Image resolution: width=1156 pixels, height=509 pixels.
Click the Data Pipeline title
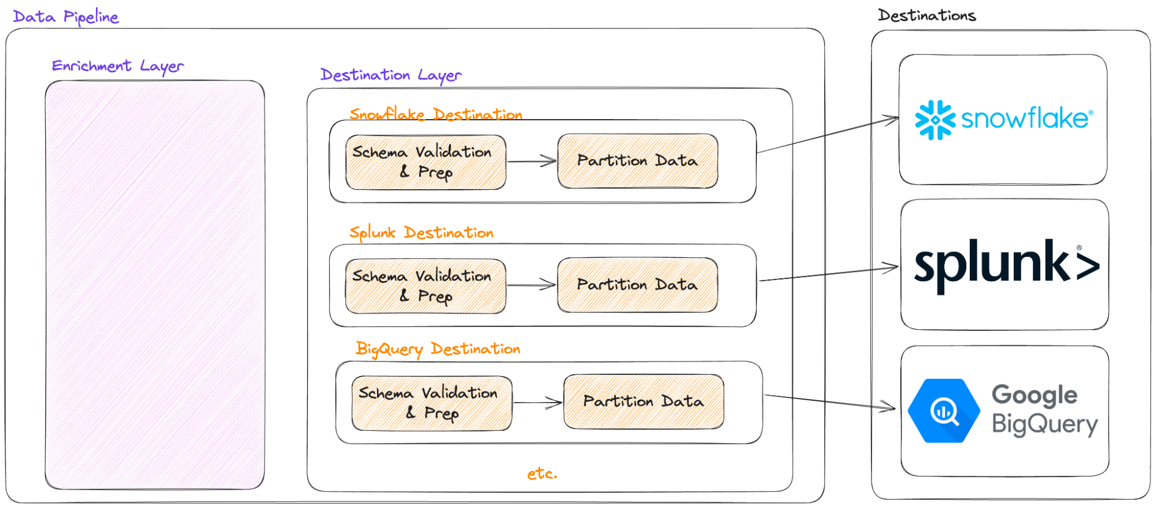pos(65,17)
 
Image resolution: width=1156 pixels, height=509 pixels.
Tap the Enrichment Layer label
pos(118,66)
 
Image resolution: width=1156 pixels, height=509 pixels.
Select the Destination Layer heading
pos(391,75)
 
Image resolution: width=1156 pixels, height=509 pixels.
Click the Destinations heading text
pos(926,16)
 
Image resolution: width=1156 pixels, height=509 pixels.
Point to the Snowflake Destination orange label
pos(435,114)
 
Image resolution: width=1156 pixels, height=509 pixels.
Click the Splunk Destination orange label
pos(421,233)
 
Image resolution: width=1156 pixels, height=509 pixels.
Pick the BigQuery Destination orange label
pos(438,349)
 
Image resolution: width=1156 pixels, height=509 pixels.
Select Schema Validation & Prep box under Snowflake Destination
pos(426,162)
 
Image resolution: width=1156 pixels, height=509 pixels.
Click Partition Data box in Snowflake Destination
pos(637,161)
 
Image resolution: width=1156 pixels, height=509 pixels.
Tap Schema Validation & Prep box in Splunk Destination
pos(426,286)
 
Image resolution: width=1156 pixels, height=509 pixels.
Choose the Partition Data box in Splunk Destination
pos(637,285)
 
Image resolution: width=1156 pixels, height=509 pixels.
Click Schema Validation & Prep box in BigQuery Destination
pos(431,403)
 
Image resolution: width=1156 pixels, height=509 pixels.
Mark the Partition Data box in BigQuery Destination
pos(643,401)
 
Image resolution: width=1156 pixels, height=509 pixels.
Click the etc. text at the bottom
pos(542,474)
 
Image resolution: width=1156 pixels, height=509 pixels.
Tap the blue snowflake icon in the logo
pos(935,120)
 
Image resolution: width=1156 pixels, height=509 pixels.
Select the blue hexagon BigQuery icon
pos(944,411)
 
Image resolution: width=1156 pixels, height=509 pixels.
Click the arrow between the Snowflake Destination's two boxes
pos(531,161)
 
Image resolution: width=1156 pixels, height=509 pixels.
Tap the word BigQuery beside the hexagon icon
pos(1044,425)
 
